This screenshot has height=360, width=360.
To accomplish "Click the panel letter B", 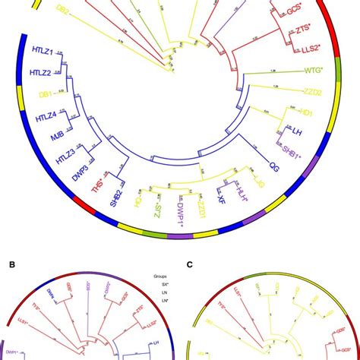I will [11, 265].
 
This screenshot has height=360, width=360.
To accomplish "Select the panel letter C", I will [190, 265].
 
